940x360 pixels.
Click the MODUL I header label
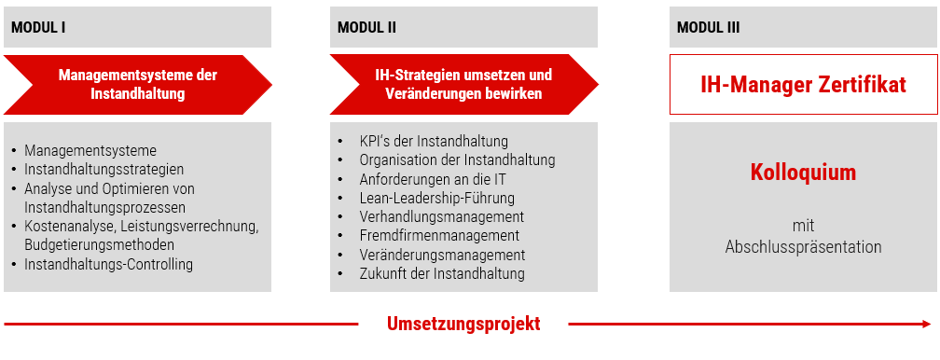(x=38, y=28)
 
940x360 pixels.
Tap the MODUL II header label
(x=366, y=28)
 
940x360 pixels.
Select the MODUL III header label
(x=708, y=28)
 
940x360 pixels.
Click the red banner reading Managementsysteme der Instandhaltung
(x=138, y=85)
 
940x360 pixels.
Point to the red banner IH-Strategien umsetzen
(x=464, y=85)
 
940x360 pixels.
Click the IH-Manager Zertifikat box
(x=803, y=85)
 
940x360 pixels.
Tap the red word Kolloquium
(x=803, y=173)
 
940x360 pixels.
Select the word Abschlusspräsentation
(x=803, y=246)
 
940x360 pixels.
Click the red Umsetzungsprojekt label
(x=463, y=324)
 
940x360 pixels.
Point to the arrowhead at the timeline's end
(x=927, y=324)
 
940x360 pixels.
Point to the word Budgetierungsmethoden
(x=100, y=244)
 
